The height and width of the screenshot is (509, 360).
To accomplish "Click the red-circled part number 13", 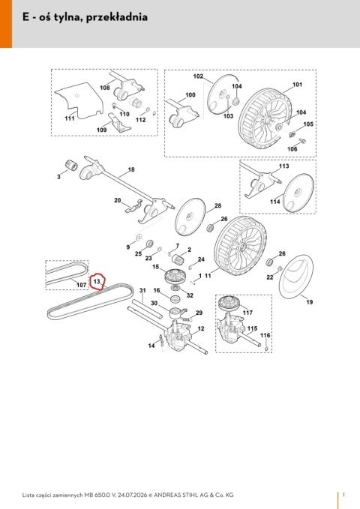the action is pyautogui.click(x=97, y=281).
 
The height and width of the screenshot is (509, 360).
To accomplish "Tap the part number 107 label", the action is pyautogui.click(x=81, y=285).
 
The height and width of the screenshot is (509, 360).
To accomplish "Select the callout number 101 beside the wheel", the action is pyautogui.click(x=297, y=85).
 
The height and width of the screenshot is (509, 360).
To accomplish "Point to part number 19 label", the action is pyautogui.click(x=309, y=302).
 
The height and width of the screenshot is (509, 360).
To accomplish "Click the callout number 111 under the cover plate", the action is pyautogui.click(x=70, y=118).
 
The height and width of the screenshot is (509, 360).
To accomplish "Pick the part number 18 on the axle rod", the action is pyautogui.click(x=131, y=169).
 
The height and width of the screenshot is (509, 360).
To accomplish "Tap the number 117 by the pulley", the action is pyautogui.click(x=247, y=313).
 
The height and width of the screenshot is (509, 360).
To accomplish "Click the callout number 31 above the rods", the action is pyautogui.click(x=142, y=290).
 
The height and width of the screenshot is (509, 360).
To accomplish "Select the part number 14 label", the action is pyautogui.click(x=151, y=346).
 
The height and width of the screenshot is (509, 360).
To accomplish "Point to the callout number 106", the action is pyautogui.click(x=292, y=149).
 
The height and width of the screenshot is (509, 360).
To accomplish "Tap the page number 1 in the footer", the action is pyautogui.click(x=343, y=495).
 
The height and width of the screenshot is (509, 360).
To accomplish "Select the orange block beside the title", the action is pyautogui.click(x=6, y=24).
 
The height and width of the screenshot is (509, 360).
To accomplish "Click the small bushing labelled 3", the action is pyautogui.click(x=71, y=165).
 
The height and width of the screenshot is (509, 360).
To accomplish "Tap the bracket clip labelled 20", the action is pyautogui.click(x=133, y=206).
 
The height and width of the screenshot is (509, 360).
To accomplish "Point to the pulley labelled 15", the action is pyautogui.click(x=175, y=277).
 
